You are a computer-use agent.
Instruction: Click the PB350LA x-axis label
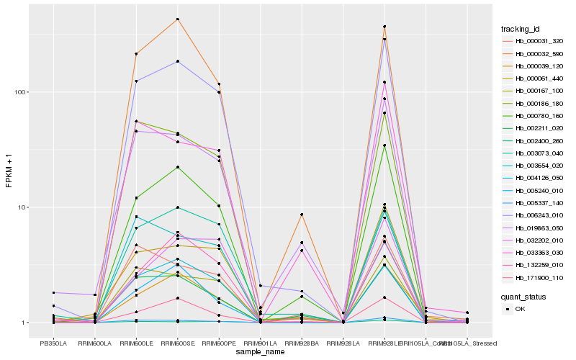53,343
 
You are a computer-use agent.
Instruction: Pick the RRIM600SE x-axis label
177,343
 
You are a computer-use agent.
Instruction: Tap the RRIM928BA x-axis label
302,343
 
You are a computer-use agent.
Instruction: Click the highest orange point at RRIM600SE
177,19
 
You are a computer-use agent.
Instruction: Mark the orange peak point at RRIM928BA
302,215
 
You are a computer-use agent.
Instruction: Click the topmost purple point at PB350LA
53,292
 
